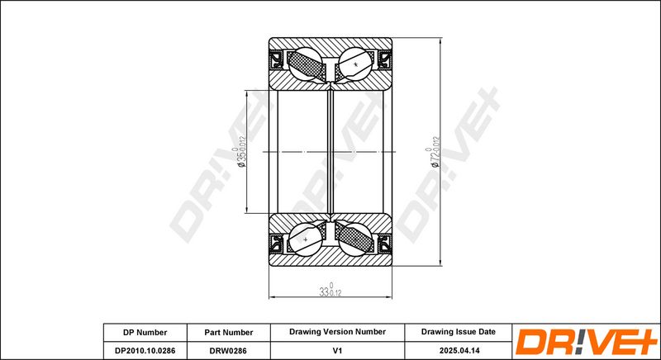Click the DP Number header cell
click(145, 331)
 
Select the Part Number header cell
click(228, 331)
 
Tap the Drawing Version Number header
click(337, 331)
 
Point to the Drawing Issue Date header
click(458, 331)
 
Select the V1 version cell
click(337, 349)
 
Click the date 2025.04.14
click(458, 349)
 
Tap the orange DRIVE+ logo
click(586, 341)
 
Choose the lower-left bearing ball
click(306, 239)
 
